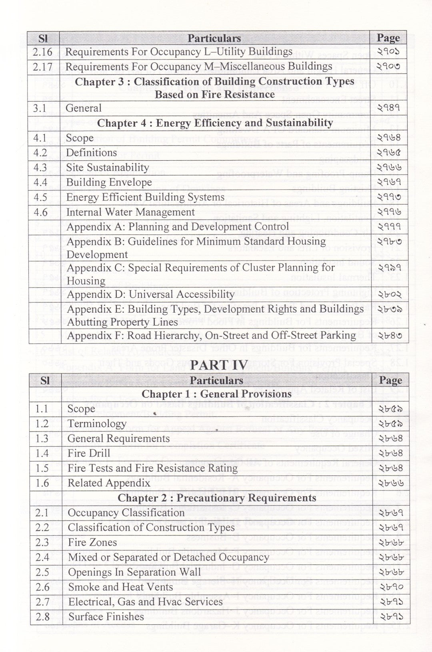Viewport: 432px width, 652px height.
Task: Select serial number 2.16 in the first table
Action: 43,52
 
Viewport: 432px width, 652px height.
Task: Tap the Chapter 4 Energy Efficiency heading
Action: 215,123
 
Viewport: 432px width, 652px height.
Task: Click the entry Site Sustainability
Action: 107,167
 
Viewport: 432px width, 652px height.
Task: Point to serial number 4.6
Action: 40,212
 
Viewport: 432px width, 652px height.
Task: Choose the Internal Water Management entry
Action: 130,212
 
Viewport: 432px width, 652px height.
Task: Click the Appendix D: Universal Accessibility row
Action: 150,295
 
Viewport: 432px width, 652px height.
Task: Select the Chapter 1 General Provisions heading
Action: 216,394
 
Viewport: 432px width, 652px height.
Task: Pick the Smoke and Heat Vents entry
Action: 120,587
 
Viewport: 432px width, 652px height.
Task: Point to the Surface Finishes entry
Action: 106,616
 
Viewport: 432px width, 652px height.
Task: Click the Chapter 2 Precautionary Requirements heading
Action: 217,498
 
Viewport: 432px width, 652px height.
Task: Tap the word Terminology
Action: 97,424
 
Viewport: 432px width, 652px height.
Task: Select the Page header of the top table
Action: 388,38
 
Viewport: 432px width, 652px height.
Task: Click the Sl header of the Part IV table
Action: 45,380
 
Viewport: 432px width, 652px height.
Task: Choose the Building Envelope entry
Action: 109,183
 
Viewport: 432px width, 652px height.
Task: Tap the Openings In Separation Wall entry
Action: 134,572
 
